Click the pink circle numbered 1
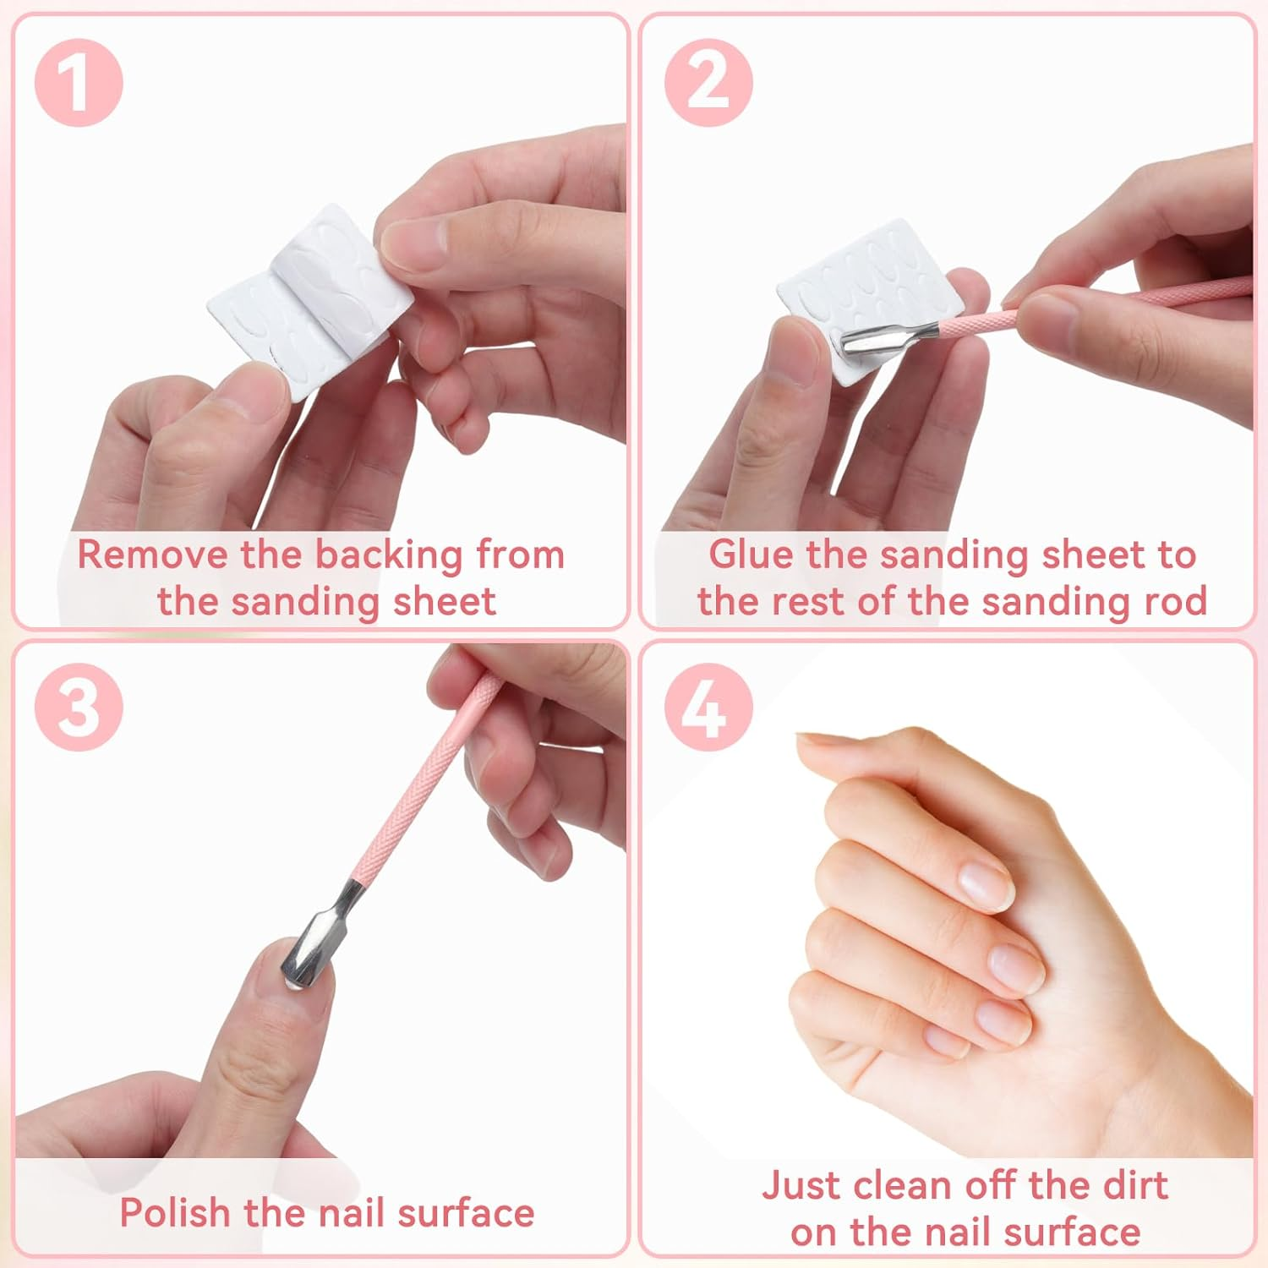(x=79, y=83)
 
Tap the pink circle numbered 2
(x=708, y=83)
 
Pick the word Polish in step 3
(x=175, y=1213)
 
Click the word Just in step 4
(x=799, y=1186)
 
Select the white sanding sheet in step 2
(x=871, y=300)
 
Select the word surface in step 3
(x=465, y=1214)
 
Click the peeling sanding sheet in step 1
(x=311, y=292)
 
